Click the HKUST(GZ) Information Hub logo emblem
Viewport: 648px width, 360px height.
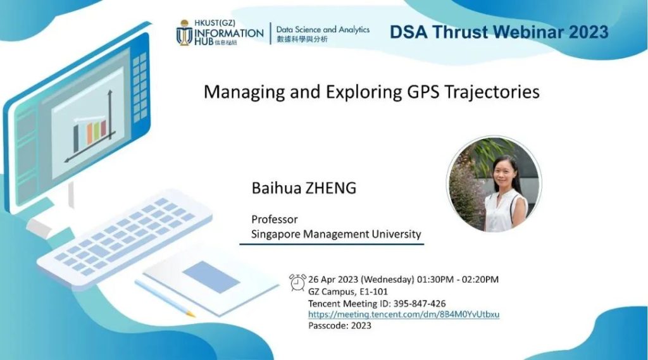pos(184,33)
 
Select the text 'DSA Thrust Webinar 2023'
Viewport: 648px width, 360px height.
pos(499,32)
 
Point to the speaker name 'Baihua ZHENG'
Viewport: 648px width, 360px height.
pos(304,188)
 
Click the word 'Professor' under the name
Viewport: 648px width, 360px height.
pos(275,219)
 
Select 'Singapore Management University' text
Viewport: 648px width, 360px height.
pos(336,234)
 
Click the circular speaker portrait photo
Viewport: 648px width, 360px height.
pos(494,184)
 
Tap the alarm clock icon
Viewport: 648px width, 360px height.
pos(297,282)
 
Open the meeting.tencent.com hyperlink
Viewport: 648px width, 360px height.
pos(404,314)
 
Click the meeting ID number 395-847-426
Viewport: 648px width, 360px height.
pos(420,304)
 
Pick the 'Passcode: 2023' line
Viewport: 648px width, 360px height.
pos(340,326)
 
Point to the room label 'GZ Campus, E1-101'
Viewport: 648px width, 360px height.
pos(348,292)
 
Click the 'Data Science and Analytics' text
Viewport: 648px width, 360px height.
pos(323,30)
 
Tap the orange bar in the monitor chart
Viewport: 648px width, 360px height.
pos(89,133)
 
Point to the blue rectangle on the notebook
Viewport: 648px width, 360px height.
pos(211,277)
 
